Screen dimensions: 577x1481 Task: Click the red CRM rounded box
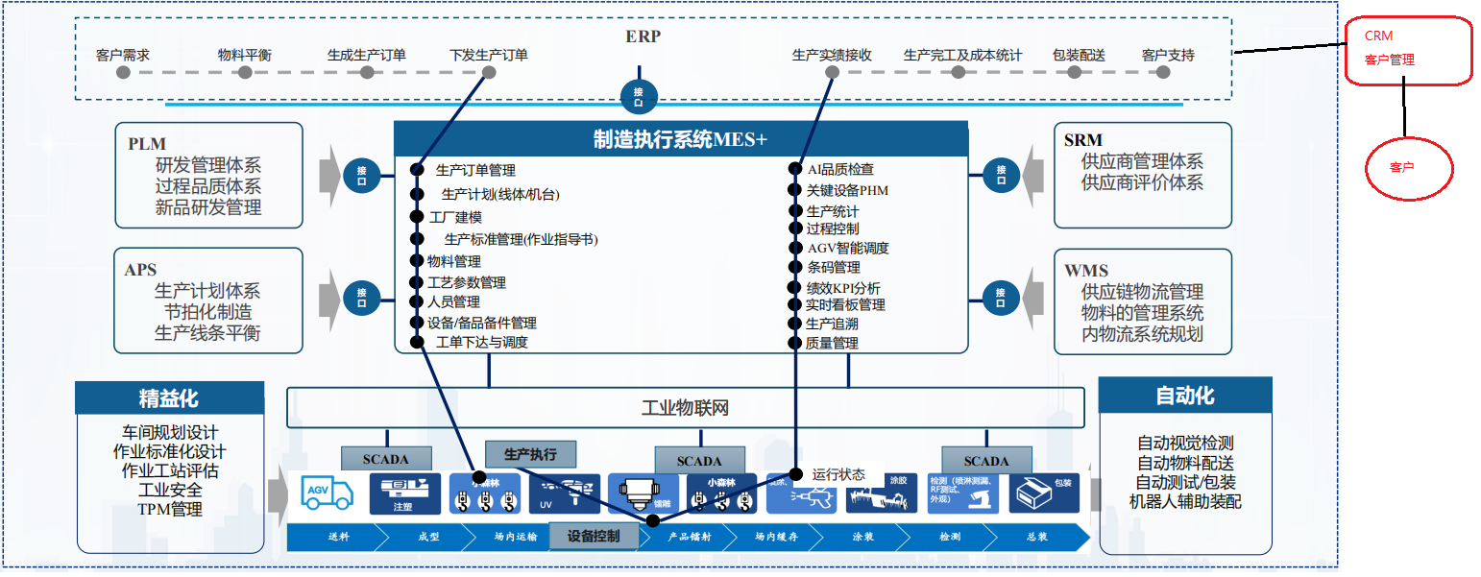[1407, 50]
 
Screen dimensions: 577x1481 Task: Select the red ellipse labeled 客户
[1409, 167]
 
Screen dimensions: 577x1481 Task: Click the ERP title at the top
[643, 36]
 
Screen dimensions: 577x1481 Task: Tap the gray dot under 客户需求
[123, 72]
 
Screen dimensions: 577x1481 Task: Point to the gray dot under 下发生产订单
[488, 72]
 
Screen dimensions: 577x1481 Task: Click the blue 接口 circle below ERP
[639, 96]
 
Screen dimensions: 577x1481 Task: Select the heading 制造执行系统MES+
[680, 138]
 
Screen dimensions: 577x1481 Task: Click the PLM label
[147, 143]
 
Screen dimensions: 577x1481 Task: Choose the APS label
[140, 270]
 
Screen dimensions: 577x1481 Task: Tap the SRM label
[1083, 141]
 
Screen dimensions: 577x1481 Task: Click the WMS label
[1085, 271]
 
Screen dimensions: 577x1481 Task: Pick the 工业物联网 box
[685, 408]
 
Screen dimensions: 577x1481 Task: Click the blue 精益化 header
[169, 397]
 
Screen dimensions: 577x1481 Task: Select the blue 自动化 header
[1184, 395]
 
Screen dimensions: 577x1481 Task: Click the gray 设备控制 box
[594, 536]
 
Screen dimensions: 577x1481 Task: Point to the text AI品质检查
[840, 169]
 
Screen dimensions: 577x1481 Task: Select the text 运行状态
[838, 474]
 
